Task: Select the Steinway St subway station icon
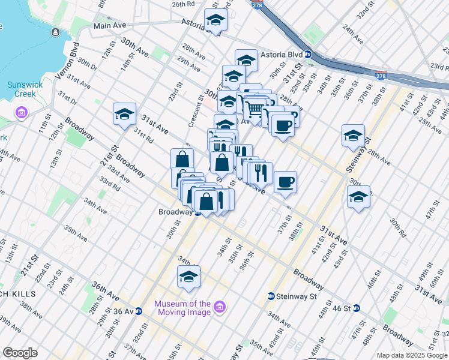coord(271,296)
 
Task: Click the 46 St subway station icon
coord(356,308)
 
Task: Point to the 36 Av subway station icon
coord(138,311)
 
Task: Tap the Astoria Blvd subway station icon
coord(308,54)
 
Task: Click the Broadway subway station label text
coord(175,212)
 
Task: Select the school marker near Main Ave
coord(215,20)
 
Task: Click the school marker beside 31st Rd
coord(124,114)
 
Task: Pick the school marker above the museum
coord(188,277)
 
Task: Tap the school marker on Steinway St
coord(353,136)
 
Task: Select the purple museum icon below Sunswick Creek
coord(22,113)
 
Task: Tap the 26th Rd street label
coord(183,4)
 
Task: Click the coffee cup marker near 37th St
coord(285,181)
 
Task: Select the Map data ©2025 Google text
coord(411,355)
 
